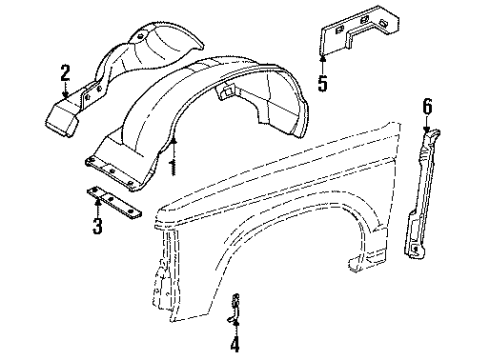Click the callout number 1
tap(173, 165)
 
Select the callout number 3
tap(97, 226)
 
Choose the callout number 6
tap(427, 106)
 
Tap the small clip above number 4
tap(235, 305)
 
